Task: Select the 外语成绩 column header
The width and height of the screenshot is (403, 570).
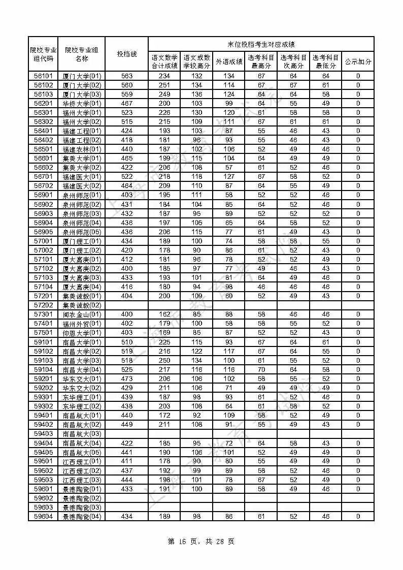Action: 228,62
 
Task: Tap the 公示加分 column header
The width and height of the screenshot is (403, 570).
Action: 358,62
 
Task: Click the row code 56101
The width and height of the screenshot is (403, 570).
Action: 43,76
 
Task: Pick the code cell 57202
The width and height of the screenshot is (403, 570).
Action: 43,305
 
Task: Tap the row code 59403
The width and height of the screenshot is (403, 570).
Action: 43,433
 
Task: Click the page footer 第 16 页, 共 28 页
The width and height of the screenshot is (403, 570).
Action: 201,542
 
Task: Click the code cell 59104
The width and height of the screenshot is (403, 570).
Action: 43,369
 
